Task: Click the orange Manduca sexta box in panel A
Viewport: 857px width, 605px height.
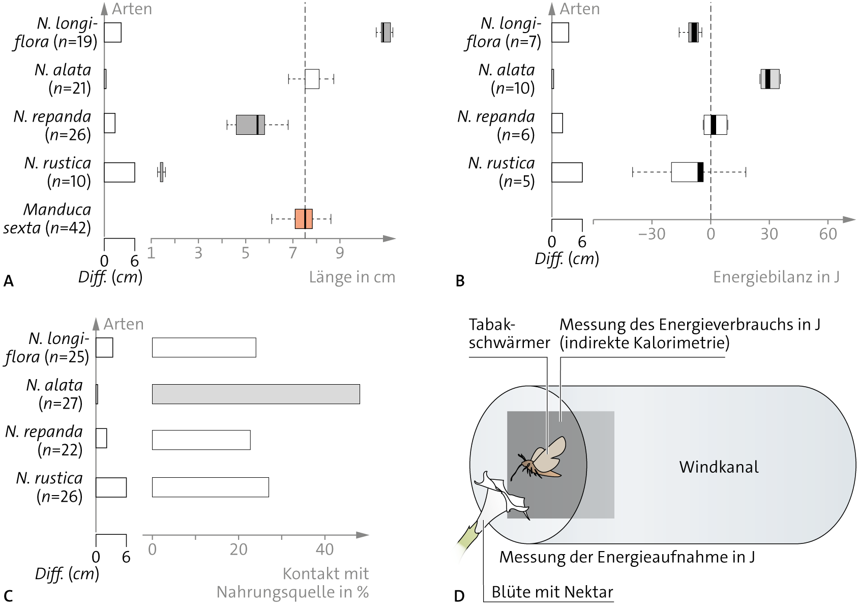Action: click(x=304, y=219)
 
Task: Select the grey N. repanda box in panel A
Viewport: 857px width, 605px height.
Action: click(x=250, y=125)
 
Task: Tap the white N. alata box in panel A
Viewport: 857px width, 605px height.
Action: click(x=312, y=79)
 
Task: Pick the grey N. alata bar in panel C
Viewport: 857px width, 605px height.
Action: click(x=256, y=394)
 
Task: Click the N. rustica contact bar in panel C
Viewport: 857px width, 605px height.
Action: click(x=211, y=487)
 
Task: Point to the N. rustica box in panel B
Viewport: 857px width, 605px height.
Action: click(x=687, y=172)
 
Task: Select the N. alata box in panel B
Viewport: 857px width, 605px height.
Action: click(x=770, y=79)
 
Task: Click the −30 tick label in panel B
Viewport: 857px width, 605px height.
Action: click(x=652, y=234)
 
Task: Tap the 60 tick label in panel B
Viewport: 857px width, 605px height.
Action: click(x=828, y=234)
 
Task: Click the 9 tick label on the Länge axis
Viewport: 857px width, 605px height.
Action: click(x=340, y=253)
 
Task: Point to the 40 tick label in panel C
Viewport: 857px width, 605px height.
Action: click(x=325, y=550)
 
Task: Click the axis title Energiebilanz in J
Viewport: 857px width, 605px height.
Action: click(x=776, y=277)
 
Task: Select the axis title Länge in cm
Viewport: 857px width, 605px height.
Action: click(x=352, y=277)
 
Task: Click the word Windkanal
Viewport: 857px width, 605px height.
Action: click(x=719, y=467)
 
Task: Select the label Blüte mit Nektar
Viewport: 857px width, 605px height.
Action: click(x=552, y=592)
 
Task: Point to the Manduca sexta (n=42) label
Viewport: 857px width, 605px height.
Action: click(x=47, y=219)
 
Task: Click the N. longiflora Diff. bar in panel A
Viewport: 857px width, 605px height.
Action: click(x=113, y=33)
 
